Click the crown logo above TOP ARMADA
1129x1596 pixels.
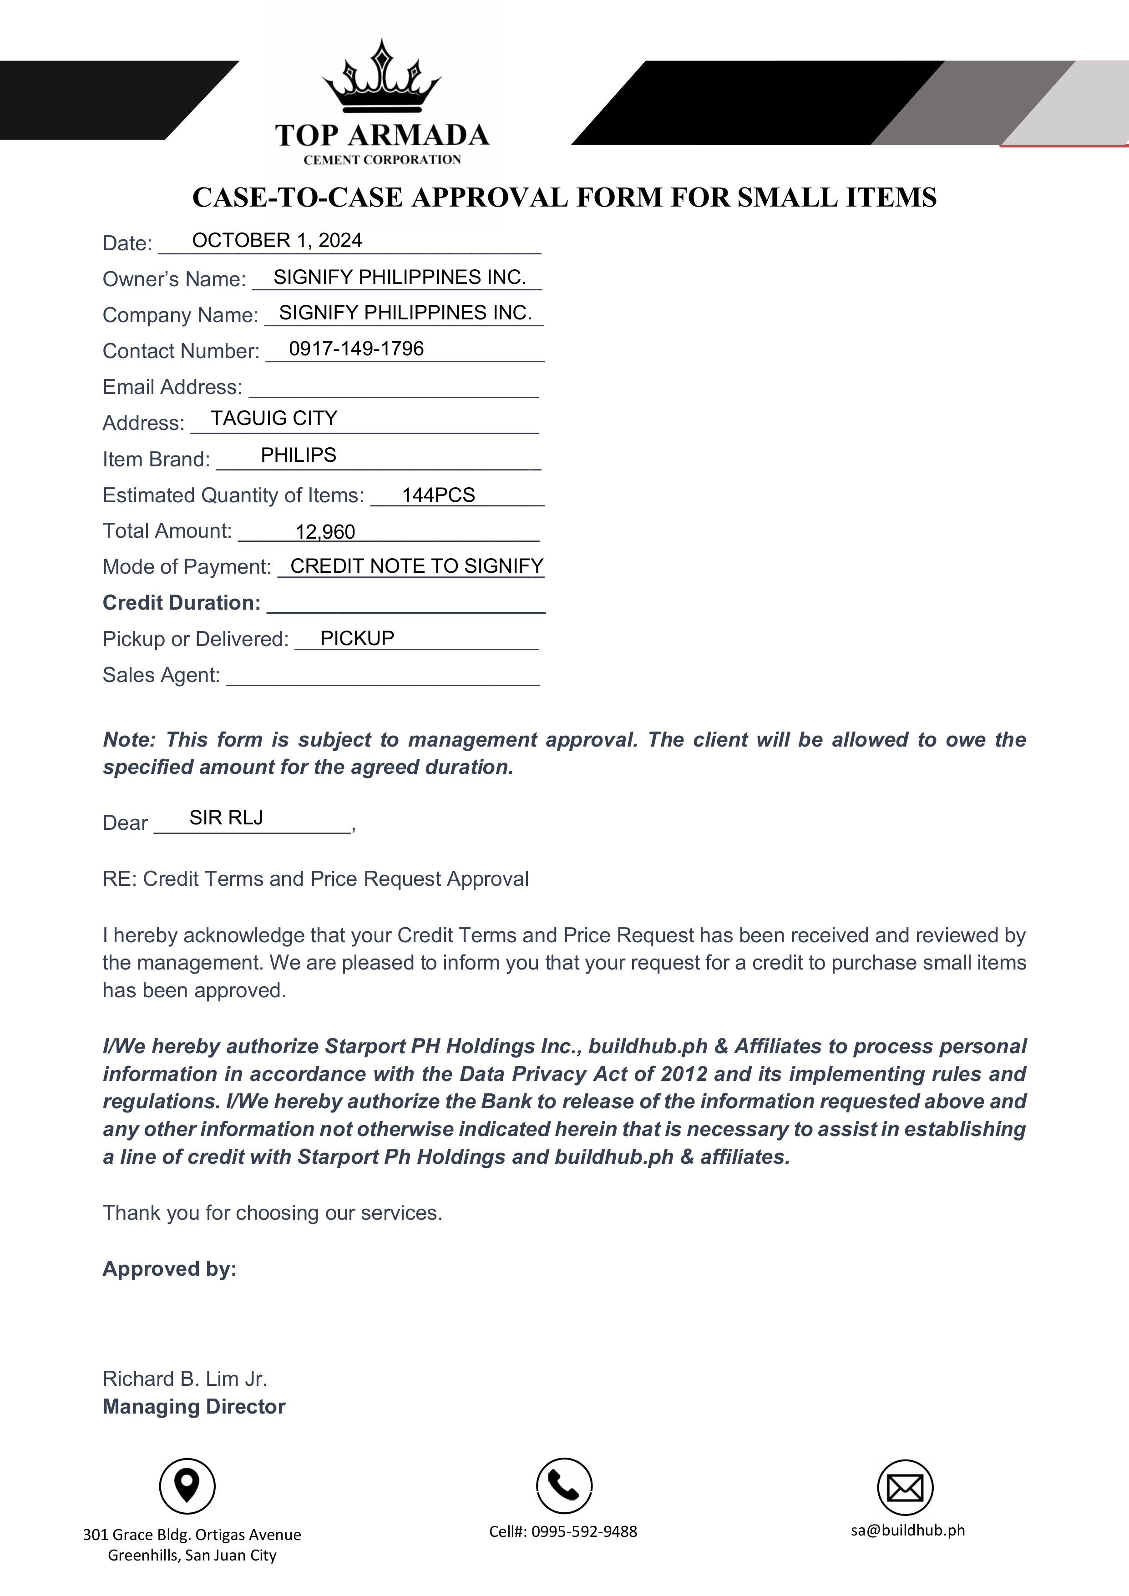pos(382,78)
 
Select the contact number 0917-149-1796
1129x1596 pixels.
pos(356,349)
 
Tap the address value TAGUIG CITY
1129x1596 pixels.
pos(274,419)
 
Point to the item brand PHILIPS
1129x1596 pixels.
pos(298,455)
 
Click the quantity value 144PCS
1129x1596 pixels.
pos(438,495)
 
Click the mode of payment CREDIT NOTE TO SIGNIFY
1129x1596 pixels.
pos(416,566)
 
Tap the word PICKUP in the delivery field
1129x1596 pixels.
pos(357,638)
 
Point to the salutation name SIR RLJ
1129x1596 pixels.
pos(226,818)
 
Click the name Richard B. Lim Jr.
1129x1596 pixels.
pos(185,1379)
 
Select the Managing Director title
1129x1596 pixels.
pos(194,1406)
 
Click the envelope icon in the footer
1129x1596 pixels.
pos(905,1488)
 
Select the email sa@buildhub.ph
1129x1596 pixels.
pos(907,1530)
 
